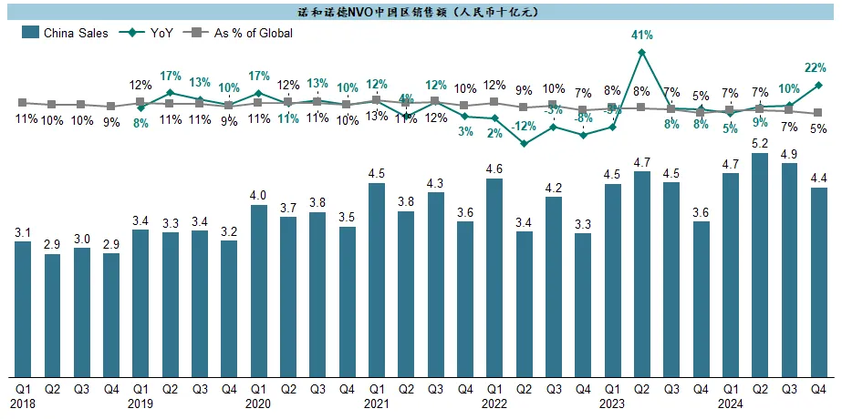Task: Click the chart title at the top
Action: (421, 11)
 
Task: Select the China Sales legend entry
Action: (65, 33)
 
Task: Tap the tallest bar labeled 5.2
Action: (760, 265)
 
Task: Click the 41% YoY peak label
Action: (642, 36)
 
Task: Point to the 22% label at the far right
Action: (815, 67)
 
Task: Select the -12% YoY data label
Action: (523, 127)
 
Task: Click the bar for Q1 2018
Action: (23, 309)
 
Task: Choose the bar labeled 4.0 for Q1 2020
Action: (258, 291)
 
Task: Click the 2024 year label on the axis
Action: (729, 403)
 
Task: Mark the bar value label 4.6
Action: (494, 169)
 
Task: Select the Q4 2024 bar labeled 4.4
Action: (818, 282)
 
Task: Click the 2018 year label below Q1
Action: (23, 403)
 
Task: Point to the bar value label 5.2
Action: (760, 144)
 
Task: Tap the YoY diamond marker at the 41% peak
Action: (642, 52)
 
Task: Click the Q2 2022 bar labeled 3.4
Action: (524, 304)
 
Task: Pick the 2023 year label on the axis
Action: (611, 403)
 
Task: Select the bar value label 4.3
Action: (435, 183)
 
